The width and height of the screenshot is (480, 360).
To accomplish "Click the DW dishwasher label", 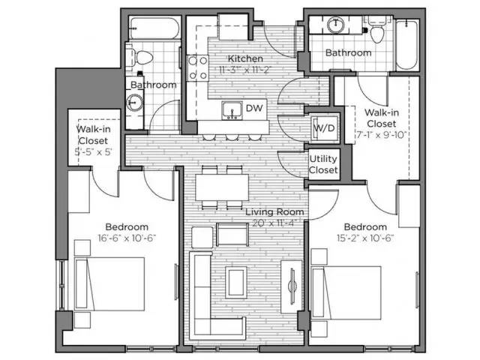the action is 254,108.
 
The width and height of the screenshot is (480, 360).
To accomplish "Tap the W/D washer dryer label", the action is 324,128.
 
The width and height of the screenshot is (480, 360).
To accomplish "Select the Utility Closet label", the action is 323,164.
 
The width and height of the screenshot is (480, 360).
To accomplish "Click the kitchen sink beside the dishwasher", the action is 232,110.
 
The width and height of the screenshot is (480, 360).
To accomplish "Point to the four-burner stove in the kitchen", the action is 198,68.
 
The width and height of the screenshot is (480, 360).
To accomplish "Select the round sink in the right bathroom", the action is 336,25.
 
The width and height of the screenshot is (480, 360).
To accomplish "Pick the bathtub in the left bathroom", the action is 154,28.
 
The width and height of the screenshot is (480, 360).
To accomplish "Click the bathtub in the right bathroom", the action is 406,45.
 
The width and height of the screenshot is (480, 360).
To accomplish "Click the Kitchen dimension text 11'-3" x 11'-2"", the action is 245,70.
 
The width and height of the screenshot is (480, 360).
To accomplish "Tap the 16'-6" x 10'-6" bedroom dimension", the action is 127,238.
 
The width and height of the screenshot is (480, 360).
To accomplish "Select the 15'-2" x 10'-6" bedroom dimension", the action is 365,238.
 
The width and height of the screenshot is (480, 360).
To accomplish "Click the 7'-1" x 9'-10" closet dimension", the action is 381,135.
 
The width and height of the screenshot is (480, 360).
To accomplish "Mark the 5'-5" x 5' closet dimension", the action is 94,151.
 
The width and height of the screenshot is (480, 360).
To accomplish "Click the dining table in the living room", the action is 222,187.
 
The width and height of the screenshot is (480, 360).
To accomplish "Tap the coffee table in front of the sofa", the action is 236,282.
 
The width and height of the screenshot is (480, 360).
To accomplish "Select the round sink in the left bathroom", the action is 135,103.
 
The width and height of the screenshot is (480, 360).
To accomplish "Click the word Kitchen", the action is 245,58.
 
